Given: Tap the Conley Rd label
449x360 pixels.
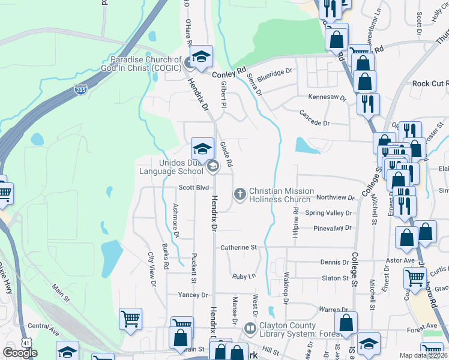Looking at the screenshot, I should click(229, 73).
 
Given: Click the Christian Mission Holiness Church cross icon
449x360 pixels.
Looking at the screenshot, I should click(240, 193).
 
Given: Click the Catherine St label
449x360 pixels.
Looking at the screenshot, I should click(238, 247).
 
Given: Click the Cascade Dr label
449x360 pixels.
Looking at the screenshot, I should click(315, 114).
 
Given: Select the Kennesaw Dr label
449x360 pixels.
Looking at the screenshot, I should click(327, 97).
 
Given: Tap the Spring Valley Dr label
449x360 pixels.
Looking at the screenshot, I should click(328, 213).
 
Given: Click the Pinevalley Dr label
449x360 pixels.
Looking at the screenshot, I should click(332, 229).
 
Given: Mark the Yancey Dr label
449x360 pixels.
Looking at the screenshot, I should click(193, 295).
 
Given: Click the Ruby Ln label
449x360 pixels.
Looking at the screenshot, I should click(244, 277).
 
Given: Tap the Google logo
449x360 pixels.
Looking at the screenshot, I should click(20, 353).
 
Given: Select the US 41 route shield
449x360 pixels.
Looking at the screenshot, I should click(26, 341).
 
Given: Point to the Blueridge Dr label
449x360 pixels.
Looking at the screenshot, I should click(274, 71).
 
